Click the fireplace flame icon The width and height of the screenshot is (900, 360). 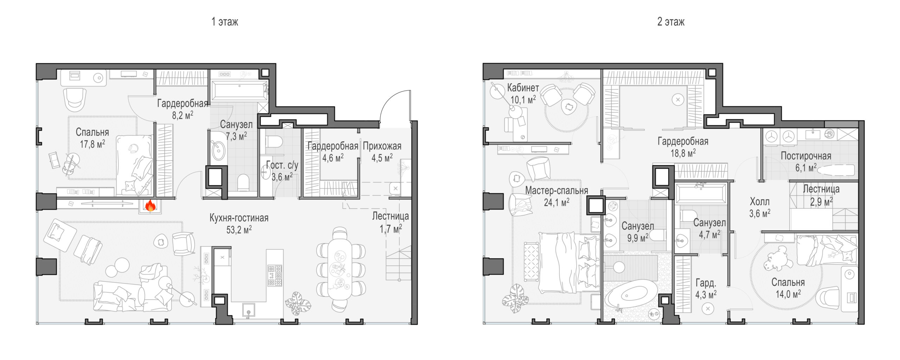[x=150, y=206]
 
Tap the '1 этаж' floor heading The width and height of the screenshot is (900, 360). [x=225, y=22]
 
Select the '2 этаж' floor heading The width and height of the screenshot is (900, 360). [x=671, y=22]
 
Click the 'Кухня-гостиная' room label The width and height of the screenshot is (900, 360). [x=239, y=218]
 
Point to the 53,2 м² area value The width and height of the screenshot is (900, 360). [x=239, y=230]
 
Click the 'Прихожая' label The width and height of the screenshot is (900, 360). [x=382, y=146]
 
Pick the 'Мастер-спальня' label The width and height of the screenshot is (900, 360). [x=557, y=191]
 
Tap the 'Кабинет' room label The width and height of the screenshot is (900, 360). [x=523, y=88]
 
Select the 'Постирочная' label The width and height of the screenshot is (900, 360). [x=806, y=156]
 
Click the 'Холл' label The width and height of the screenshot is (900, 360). [x=760, y=202]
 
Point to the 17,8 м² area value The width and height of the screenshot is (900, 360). [x=92, y=144]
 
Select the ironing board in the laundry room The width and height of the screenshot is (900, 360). [x=835, y=171]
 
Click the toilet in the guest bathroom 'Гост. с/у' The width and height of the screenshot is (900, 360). [x=274, y=142]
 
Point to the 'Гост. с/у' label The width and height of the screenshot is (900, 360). [x=282, y=165]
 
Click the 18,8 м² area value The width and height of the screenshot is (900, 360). [x=683, y=153]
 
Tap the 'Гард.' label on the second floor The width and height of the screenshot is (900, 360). [x=706, y=283]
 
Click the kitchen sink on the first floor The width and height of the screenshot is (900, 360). [x=249, y=311]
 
